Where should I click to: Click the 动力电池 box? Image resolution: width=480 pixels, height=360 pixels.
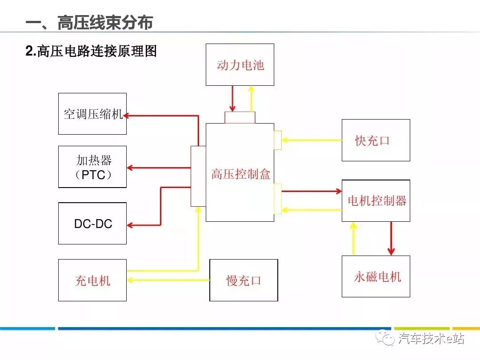coord(240,65)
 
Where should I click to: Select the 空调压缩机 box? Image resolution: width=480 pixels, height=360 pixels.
coord(92,114)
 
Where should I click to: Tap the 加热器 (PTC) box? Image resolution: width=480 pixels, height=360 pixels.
coord(92,167)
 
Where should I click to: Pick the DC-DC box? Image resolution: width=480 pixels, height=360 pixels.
coord(92,224)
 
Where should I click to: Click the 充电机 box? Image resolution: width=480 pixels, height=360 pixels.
coord(92,280)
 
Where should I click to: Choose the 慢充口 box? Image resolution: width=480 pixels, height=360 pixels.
coord(244,280)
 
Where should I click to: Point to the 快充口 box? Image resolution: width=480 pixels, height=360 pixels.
coord(376,140)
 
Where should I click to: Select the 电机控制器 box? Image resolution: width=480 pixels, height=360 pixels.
coord(376,201)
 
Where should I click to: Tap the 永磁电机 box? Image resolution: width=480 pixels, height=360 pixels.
coord(376,276)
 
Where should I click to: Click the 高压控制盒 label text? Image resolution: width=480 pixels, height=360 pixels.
coord(240,174)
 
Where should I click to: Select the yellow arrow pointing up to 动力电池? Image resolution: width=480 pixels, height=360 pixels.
coord(251,99)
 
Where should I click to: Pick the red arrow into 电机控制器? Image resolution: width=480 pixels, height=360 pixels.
coord(311,191)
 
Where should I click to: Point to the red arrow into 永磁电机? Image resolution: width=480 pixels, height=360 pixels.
coord(391,239)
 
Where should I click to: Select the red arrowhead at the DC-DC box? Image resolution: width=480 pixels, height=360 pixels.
coord(131,225)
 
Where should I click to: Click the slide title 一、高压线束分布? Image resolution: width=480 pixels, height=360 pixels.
coord(89,23)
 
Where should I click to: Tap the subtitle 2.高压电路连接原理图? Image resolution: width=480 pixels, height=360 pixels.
coord(91,52)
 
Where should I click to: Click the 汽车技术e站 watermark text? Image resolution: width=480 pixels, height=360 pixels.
coord(431,339)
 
